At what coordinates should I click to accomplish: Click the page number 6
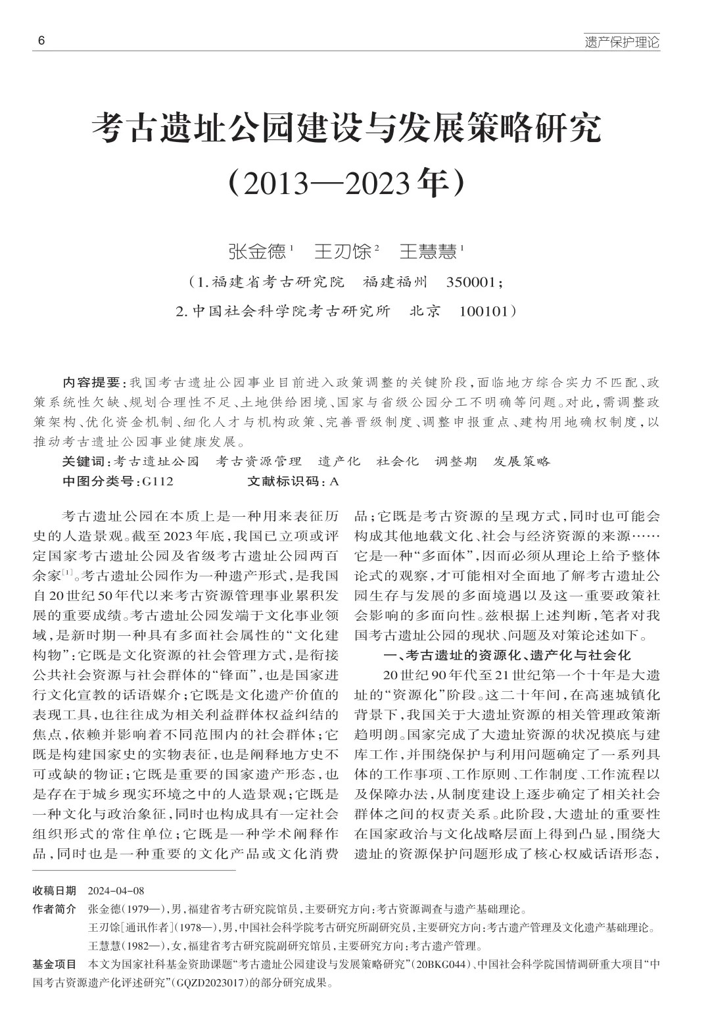click(41, 41)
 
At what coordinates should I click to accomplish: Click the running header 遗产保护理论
click(622, 43)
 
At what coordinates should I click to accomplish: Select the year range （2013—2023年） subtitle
click(346, 184)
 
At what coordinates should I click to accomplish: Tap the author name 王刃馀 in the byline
click(343, 251)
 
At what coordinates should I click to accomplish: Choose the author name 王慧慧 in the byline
click(429, 251)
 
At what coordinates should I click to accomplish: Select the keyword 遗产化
click(339, 462)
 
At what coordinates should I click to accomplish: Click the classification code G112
click(157, 481)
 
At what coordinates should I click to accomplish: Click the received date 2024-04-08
click(116, 891)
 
